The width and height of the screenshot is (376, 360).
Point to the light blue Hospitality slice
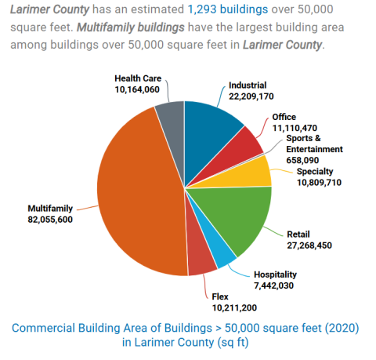click(222, 256)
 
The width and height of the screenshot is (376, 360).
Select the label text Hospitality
click(275, 275)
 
